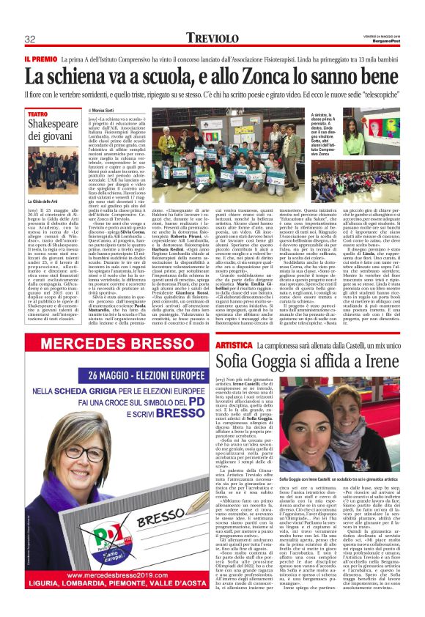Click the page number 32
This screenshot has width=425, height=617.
(x=31, y=39)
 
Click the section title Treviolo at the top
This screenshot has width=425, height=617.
(x=211, y=37)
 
